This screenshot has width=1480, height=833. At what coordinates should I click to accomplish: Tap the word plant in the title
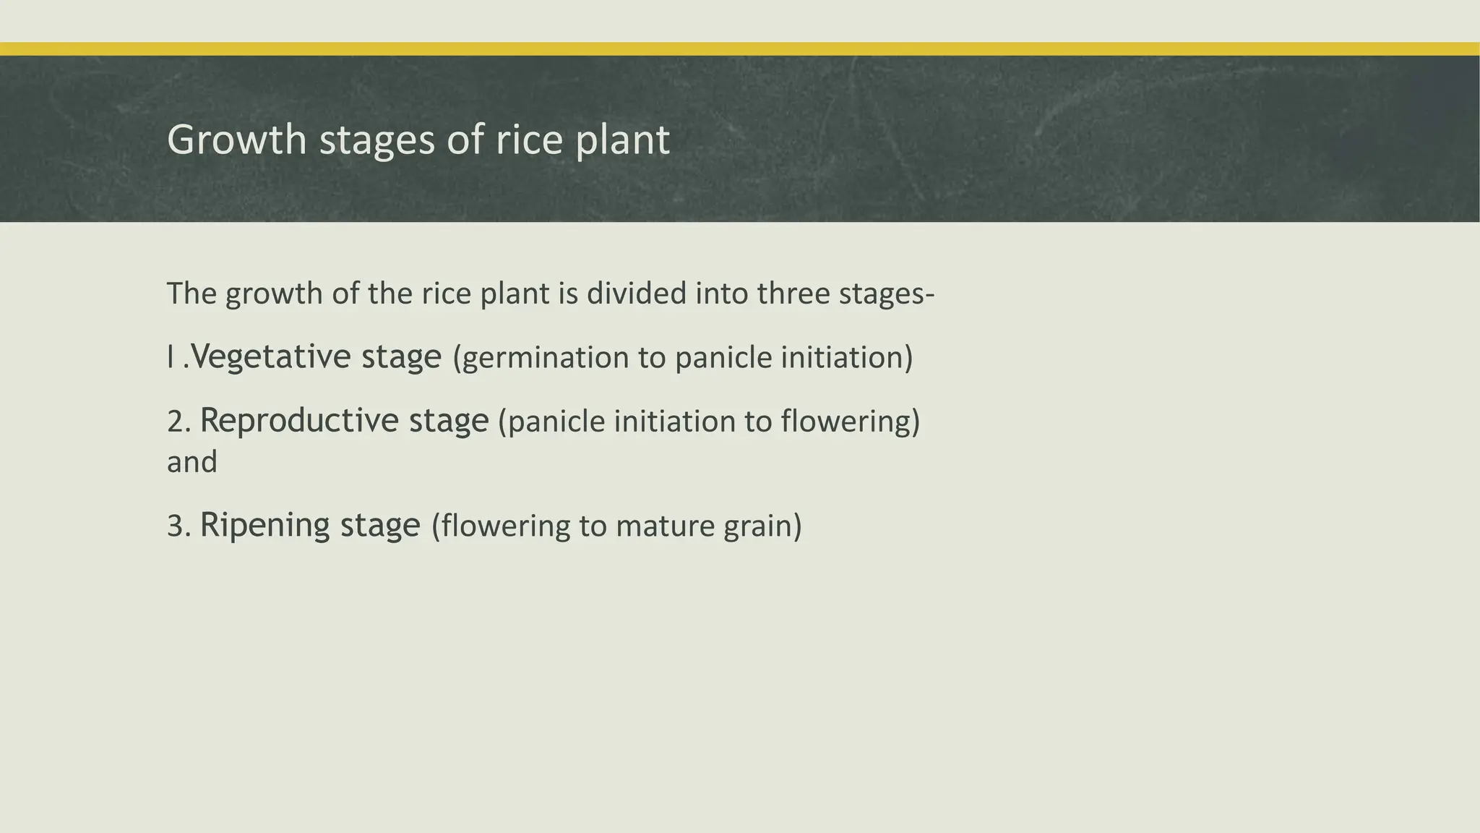[622, 140]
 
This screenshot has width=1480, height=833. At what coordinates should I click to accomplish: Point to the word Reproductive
[298, 420]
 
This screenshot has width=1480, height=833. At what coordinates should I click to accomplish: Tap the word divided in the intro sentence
[637, 294]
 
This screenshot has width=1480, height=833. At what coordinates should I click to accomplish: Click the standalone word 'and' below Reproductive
[192, 462]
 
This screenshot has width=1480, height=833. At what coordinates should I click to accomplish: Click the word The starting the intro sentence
[192, 294]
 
